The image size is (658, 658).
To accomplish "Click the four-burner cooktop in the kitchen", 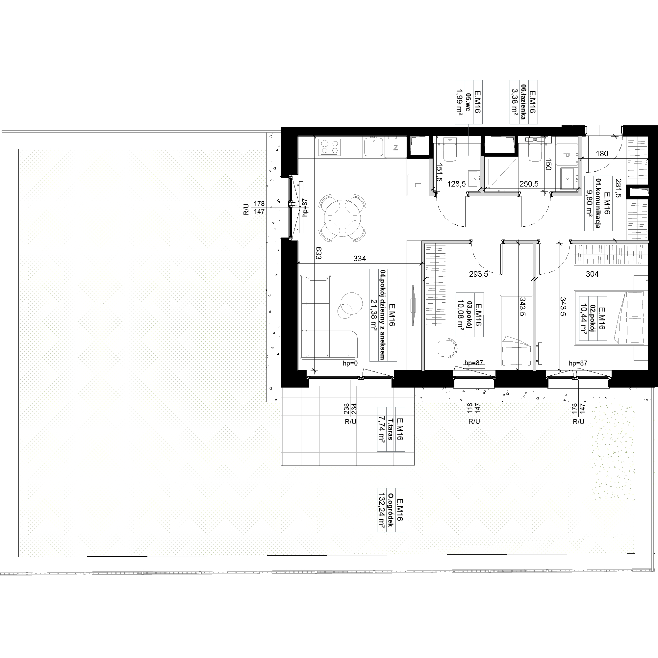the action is click(x=329, y=147).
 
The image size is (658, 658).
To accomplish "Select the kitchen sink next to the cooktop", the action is click(x=374, y=147).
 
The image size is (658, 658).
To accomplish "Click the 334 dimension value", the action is click(x=360, y=259).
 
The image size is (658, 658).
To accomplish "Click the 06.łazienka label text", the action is click(x=523, y=101).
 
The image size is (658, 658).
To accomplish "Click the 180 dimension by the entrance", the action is click(x=602, y=154).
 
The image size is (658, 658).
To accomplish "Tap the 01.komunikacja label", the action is click(x=597, y=203).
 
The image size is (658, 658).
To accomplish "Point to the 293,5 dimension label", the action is click(x=478, y=274).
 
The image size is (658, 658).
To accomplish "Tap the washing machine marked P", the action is click(x=567, y=155).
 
